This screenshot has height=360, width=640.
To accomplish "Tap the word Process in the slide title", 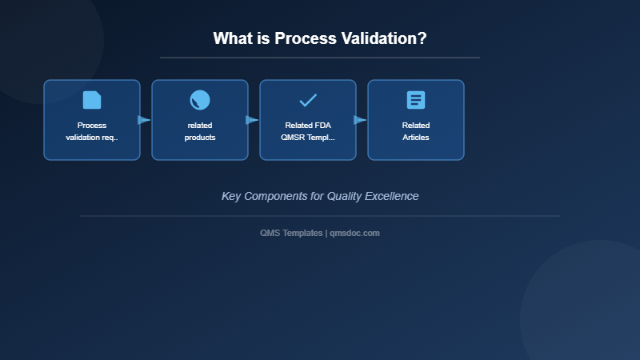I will click(303, 38).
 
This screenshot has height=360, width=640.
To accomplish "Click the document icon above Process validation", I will click(92, 100).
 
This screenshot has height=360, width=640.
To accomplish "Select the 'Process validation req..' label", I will click(92, 131).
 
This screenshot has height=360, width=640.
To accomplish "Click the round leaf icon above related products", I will click(200, 100).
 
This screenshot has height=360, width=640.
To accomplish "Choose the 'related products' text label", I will click(200, 131).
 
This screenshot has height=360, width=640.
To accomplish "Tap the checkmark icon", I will click(308, 100).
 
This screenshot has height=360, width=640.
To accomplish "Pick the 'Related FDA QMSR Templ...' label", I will click(308, 131).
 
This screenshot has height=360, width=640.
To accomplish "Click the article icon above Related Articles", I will click(416, 100).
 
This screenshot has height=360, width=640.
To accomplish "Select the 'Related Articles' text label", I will click(416, 131).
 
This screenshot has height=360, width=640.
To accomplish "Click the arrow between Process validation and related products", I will click(144, 120).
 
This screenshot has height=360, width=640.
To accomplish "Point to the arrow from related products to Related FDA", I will click(252, 120).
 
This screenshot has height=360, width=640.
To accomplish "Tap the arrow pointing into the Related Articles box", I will click(360, 120).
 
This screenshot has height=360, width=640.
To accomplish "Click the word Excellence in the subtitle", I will click(390, 196).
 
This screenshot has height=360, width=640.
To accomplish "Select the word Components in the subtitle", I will click(275, 196).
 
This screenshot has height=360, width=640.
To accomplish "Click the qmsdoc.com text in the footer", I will click(354, 233).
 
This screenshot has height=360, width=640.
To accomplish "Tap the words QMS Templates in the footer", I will click(291, 233).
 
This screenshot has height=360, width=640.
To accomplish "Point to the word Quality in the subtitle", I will click(343, 196).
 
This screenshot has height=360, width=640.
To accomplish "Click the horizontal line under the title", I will click(320, 58).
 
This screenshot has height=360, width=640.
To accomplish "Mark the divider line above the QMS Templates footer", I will click(320, 216).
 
